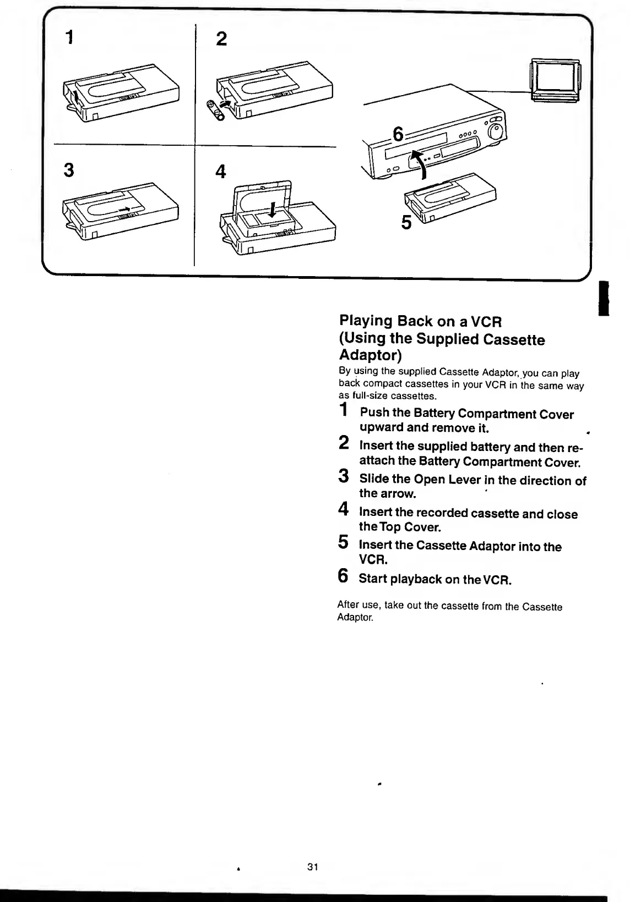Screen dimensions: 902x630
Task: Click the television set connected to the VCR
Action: coord(554,80)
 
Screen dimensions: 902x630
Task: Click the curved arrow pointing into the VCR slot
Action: coord(422,165)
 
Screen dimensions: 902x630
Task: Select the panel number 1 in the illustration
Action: coord(69,37)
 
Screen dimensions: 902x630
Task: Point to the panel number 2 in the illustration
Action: coord(221,38)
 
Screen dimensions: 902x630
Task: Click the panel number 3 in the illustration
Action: coord(69,170)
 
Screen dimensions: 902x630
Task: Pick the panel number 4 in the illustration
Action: coord(221,172)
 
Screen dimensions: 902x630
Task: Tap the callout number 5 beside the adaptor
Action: coord(406,223)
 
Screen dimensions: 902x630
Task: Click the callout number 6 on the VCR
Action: coord(398,134)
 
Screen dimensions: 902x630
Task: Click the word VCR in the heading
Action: coord(485,321)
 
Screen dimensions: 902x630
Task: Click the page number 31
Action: coord(313,867)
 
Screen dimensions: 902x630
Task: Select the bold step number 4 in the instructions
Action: coord(343,509)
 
